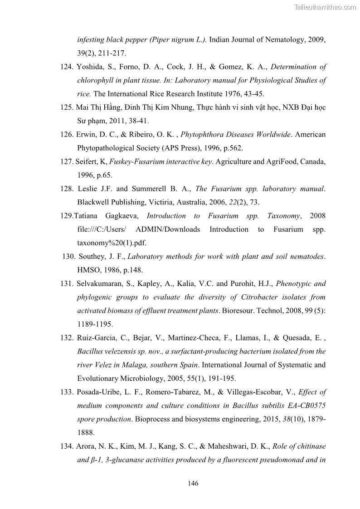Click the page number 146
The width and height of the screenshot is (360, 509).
coord(193,483)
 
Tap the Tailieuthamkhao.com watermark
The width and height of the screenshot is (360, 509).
coord(326,7)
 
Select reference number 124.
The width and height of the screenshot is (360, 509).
coord(67,67)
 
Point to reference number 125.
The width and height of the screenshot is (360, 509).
coord(67,107)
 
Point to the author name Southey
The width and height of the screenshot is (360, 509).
coord(92,257)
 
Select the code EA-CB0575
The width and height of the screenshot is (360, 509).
coord(306,406)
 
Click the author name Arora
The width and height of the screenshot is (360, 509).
coord(85,446)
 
